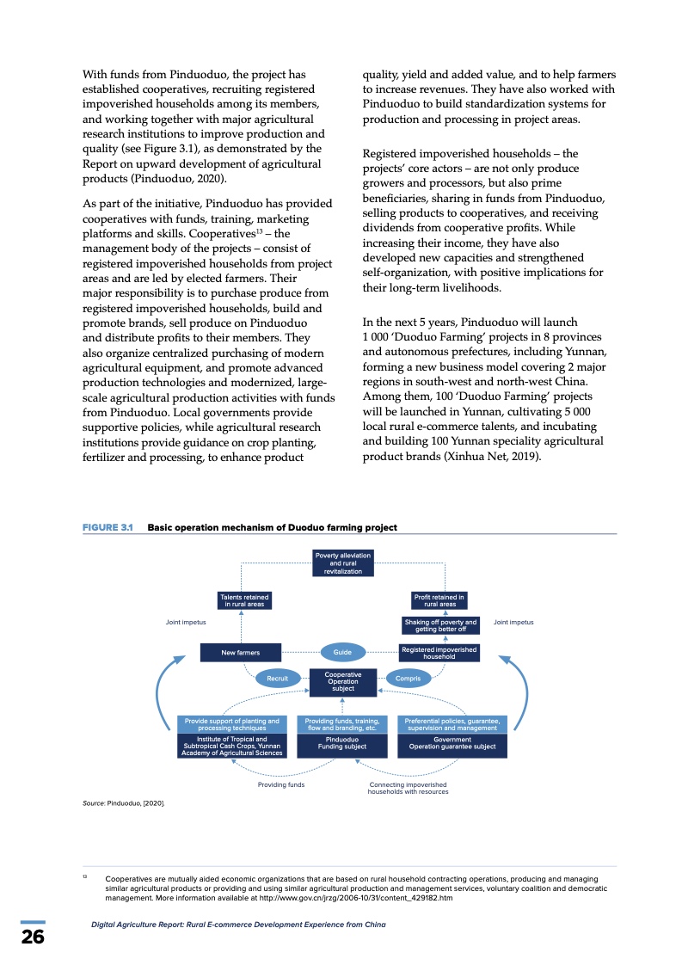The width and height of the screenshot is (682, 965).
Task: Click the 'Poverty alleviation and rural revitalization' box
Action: click(x=343, y=563)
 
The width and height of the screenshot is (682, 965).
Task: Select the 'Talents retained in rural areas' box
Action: click(x=244, y=600)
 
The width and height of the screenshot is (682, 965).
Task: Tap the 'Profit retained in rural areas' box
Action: click(x=439, y=600)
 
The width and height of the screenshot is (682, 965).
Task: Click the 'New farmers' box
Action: click(x=240, y=653)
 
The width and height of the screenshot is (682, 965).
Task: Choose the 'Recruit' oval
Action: click(x=277, y=679)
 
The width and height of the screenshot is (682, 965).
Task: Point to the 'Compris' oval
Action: click(x=408, y=679)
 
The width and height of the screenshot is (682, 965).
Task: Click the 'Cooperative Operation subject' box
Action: click(x=343, y=682)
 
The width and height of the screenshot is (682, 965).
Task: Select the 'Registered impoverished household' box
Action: click(x=439, y=653)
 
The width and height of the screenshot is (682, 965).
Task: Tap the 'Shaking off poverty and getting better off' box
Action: click(x=439, y=625)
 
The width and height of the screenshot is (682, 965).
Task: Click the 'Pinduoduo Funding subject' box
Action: click(x=342, y=743)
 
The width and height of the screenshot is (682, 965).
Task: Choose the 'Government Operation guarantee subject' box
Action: click(x=452, y=743)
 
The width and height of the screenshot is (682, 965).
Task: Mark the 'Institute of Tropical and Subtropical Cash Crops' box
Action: click(x=232, y=746)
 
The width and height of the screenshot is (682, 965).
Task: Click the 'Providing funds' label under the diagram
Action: click(x=281, y=784)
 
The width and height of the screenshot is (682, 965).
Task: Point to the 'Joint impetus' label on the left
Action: click(x=185, y=622)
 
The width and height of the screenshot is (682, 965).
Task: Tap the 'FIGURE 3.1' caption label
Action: click(x=107, y=527)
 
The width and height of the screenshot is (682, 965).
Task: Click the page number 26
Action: click(x=33, y=937)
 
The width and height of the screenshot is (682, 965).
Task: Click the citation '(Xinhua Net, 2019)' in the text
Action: click(x=491, y=456)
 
